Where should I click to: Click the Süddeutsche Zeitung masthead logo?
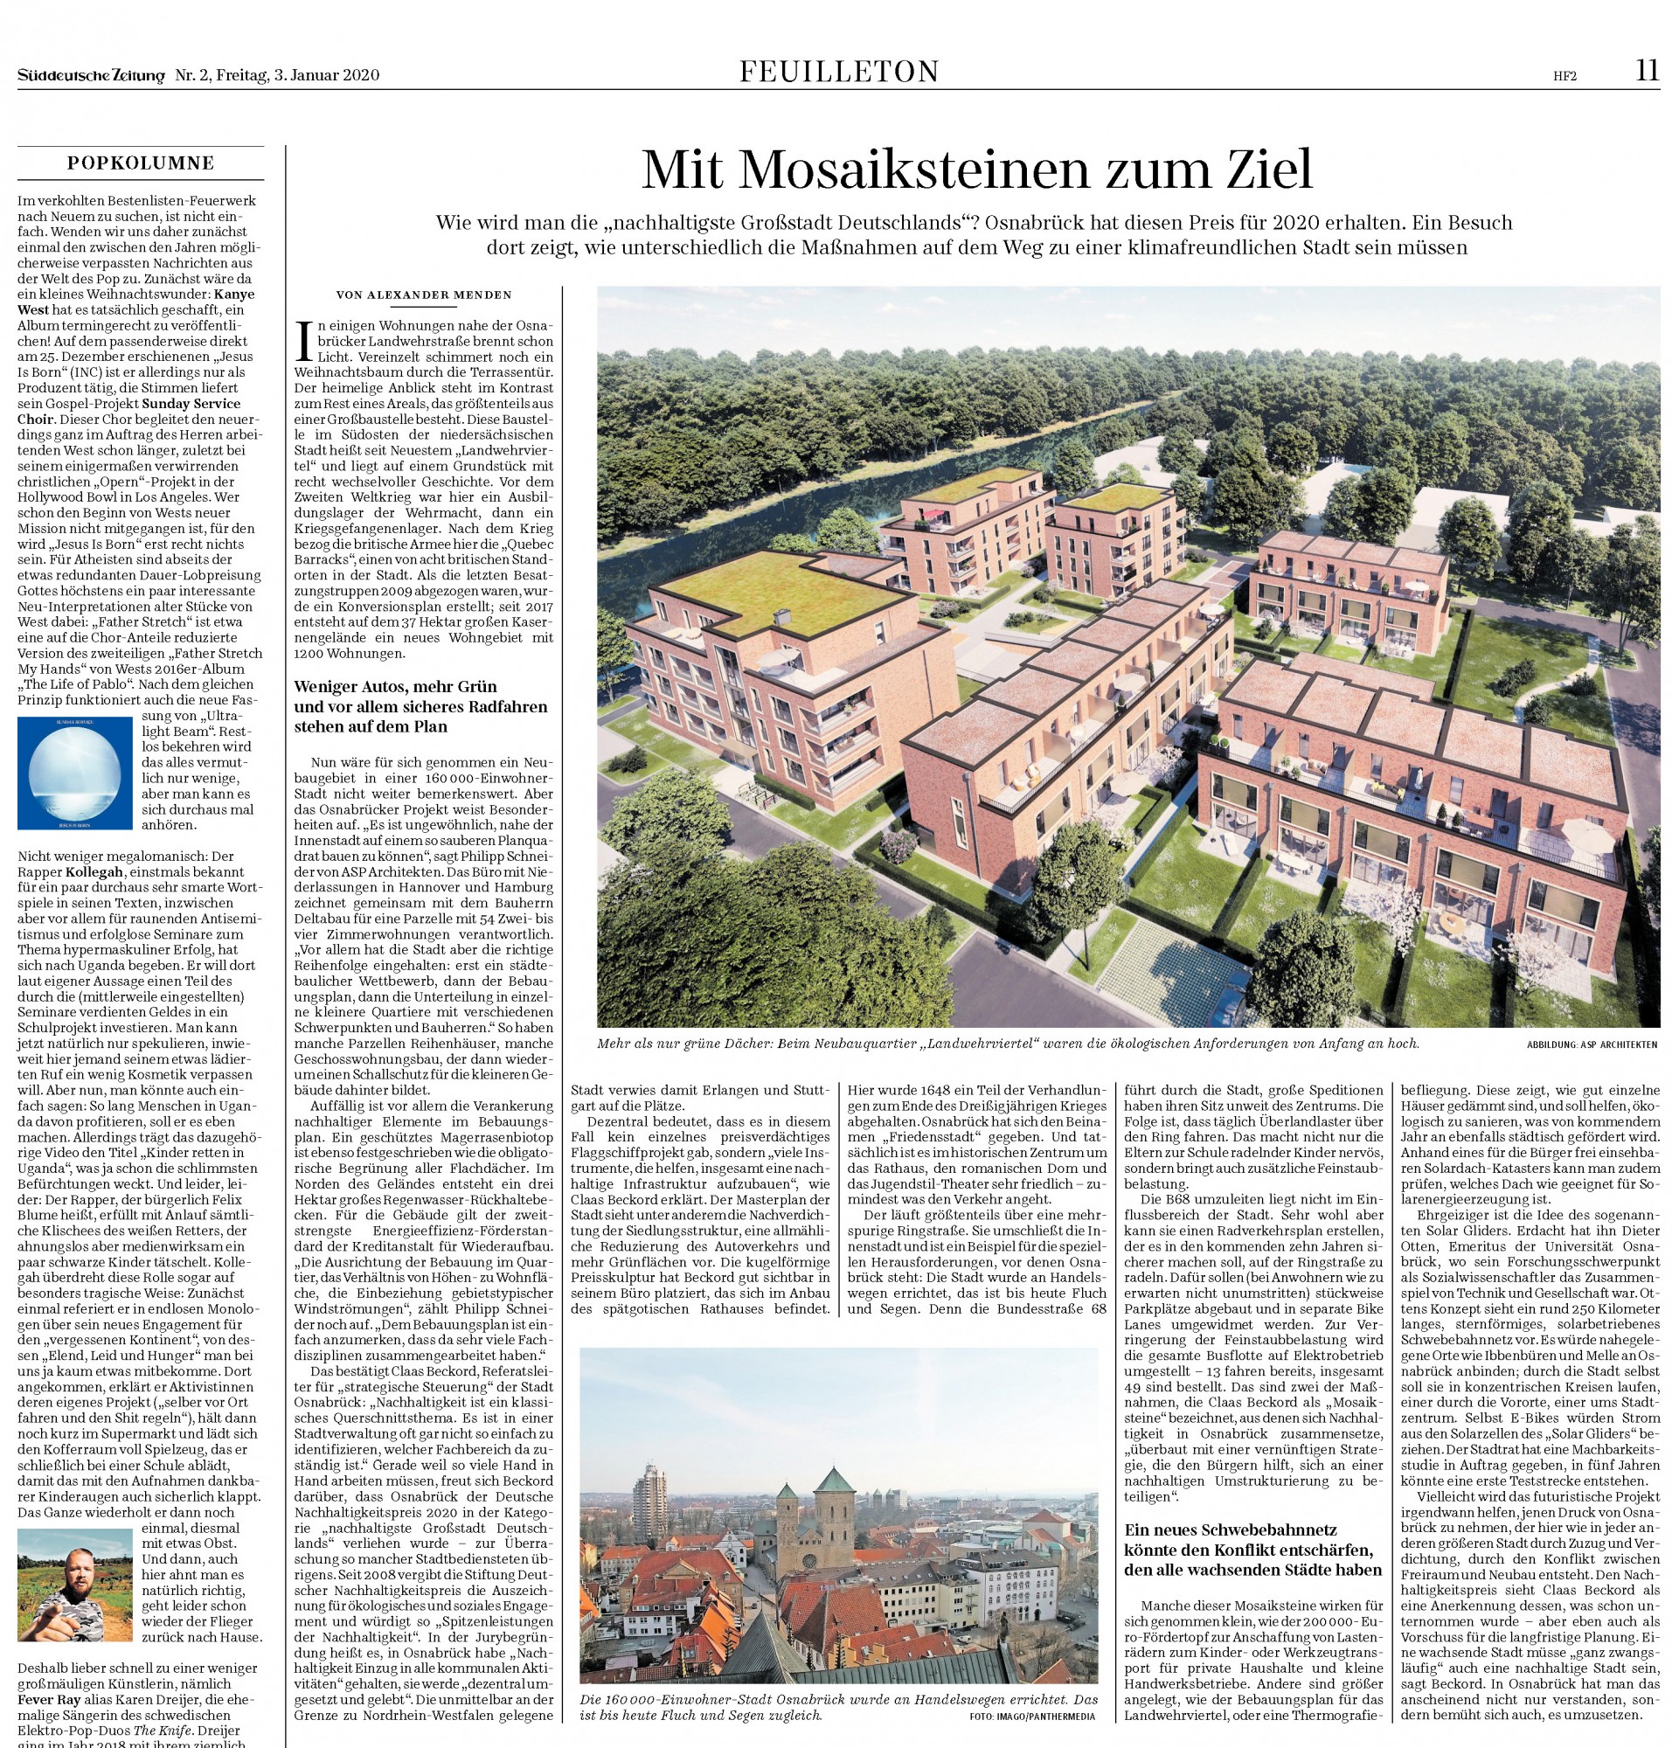91,76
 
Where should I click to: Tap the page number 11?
1646,71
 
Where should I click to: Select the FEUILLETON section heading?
839,72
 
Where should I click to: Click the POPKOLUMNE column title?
141,163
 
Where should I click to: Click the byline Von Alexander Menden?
423,295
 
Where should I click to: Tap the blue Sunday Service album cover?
74,773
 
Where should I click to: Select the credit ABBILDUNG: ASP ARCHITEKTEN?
1592,1044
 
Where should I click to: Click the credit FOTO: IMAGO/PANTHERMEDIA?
1032,1716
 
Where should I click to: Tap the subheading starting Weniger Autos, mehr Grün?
420,706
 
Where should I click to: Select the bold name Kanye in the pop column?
235,295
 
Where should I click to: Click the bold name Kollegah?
99,871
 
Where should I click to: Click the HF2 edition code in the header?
1564,77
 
